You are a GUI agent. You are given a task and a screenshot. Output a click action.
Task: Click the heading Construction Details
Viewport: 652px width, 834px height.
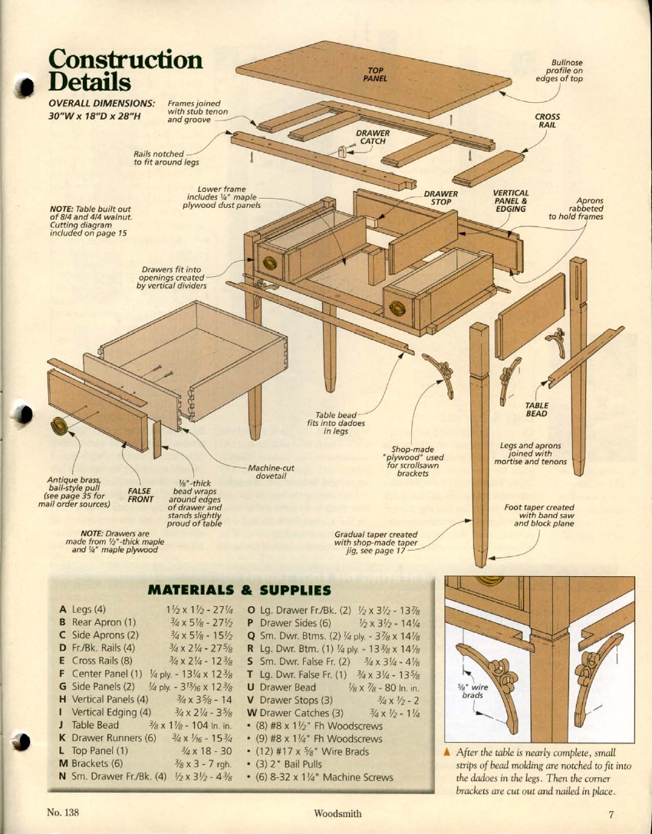click(125, 70)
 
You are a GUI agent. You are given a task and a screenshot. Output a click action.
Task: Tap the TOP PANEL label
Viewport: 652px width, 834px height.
click(375, 74)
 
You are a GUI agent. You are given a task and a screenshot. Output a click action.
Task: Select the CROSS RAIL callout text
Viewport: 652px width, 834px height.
click(547, 121)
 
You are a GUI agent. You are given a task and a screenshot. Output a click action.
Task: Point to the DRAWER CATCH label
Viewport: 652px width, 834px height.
click(373, 137)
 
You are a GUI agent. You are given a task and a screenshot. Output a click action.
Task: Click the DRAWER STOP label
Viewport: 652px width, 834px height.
click(441, 198)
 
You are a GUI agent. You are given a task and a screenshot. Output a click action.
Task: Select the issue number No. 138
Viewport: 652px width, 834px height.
click(64, 813)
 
